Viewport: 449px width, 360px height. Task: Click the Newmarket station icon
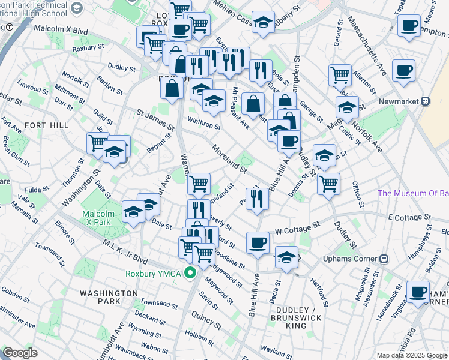tap(425, 101)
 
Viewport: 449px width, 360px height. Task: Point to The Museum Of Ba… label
tap(413, 193)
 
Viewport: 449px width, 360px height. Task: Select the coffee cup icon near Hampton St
tap(409, 26)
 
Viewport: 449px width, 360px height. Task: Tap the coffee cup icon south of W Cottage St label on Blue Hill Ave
tap(258, 242)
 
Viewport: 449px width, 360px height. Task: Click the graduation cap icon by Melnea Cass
tap(262, 23)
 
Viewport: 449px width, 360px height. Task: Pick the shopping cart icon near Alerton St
tap(340, 75)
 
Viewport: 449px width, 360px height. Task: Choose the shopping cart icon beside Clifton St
tap(328, 183)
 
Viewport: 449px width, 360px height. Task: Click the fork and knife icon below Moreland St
tap(257, 198)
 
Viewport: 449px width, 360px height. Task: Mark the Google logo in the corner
tap(20, 353)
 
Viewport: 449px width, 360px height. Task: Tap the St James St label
tap(155, 120)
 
